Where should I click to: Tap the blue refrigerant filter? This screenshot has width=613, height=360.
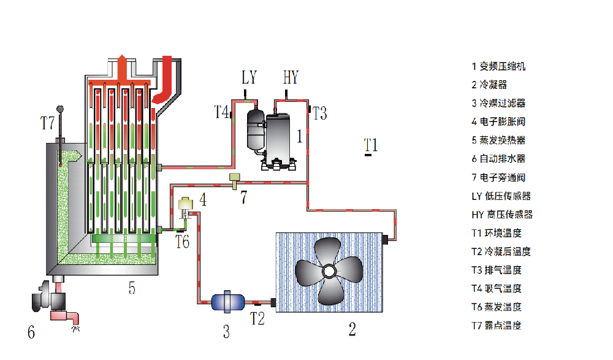[x=227, y=301]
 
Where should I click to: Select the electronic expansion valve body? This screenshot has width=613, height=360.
[x=185, y=204]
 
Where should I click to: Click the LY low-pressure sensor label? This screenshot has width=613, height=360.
[x=249, y=78]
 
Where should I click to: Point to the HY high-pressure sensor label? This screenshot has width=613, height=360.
[x=291, y=78]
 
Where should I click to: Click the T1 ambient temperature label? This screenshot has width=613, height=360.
[x=370, y=145]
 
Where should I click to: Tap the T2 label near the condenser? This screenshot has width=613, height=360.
[x=257, y=318]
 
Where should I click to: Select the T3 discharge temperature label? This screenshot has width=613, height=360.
[x=319, y=113]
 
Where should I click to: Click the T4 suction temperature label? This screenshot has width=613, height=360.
[x=221, y=112]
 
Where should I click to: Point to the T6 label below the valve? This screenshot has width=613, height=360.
[x=182, y=242]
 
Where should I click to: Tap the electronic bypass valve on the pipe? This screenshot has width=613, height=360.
[x=234, y=179]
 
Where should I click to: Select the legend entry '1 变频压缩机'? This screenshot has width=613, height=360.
[x=498, y=66]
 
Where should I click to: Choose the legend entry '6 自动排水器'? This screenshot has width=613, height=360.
[x=498, y=159]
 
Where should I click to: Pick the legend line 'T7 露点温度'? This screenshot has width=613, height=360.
[x=497, y=325]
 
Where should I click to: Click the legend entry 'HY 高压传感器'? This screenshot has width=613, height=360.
[x=502, y=214]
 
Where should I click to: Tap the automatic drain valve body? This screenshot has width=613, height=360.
[x=49, y=297]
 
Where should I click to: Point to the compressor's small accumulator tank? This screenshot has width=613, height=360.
[x=254, y=129]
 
